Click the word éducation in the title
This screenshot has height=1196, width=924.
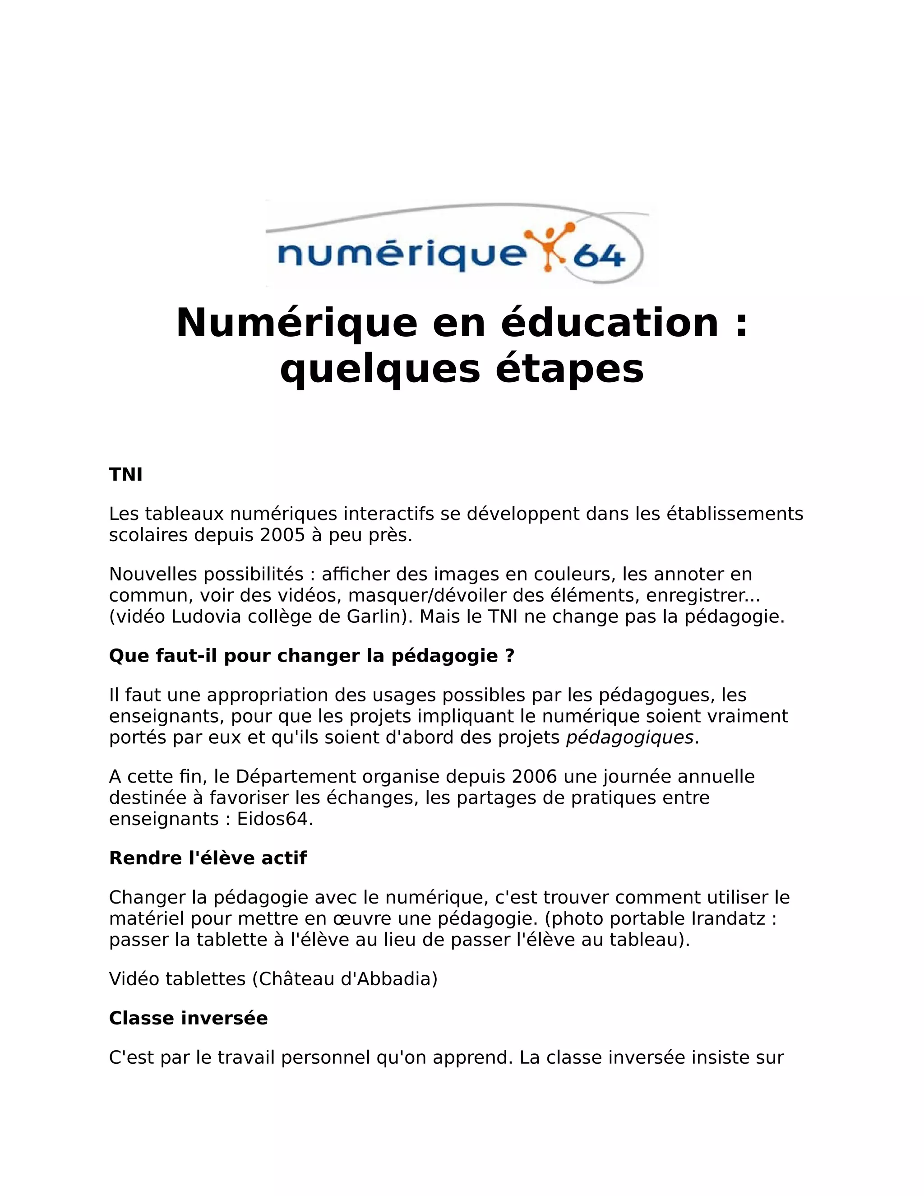[x=610, y=323]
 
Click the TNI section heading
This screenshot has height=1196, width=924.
[x=125, y=474]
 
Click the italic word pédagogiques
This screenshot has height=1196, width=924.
[x=629, y=737]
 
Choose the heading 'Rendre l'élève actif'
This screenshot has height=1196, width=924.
[x=208, y=858]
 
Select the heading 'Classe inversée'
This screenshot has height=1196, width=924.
[x=188, y=1018]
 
